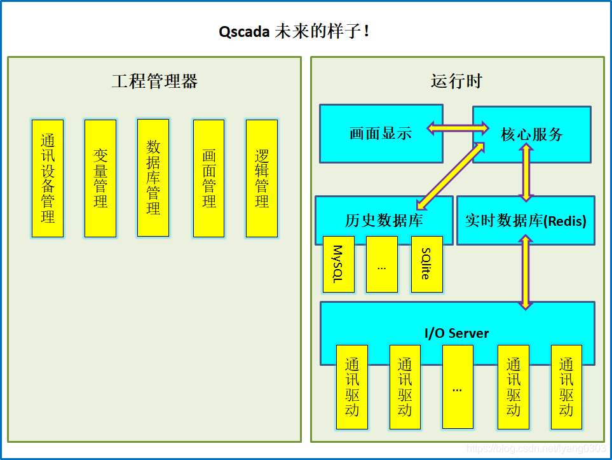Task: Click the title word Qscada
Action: point(245,32)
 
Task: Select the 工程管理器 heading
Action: point(154,81)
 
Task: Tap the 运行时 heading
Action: point(456,81)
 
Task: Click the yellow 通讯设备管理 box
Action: point(48,178)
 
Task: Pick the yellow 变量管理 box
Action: point(100,178)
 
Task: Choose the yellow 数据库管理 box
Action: point(153,178)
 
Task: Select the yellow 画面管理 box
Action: point(209,178)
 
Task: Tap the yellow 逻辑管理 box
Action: point(262,178)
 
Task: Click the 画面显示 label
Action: point(381,133)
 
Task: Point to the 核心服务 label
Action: point(532,134)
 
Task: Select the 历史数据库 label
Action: point(384,221)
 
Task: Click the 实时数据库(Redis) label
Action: point(526,221)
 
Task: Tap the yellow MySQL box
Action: point(338,264)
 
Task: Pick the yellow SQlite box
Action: point(426,264)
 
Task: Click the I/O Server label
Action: point(457,333)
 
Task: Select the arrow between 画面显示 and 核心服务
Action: point(458,129)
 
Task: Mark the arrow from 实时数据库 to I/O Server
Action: point(526,272)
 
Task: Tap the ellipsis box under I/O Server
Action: point(458,387)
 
